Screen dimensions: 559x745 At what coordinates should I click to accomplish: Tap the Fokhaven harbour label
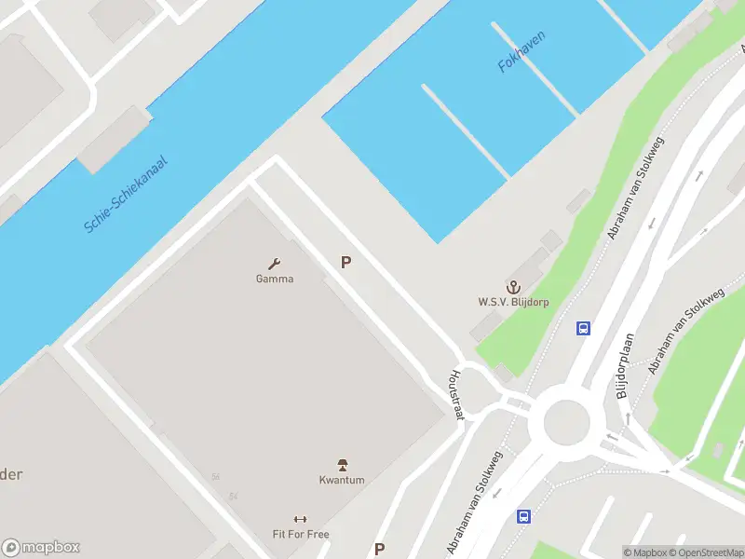pos(521,52)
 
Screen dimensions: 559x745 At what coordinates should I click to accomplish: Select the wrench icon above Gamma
pos(275,264)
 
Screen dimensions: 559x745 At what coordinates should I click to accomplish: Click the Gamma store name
pos(275,279)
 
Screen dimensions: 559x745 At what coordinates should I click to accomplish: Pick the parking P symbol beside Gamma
pos(345,263)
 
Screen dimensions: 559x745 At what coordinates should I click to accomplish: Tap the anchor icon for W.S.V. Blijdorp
pos(511,286)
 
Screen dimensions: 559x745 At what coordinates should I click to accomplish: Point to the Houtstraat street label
pos(456,394)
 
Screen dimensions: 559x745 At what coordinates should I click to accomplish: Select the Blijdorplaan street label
pos(625,366)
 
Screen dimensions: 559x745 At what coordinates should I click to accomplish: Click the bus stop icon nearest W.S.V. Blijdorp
pos(583,328)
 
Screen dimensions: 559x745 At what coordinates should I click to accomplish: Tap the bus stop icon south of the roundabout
pos(524,516)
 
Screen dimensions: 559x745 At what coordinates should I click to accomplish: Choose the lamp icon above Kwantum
pos(342,465)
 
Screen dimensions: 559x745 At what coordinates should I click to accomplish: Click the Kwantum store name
pos(342,480)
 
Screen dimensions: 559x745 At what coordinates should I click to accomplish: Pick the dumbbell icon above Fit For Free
pos(300,520)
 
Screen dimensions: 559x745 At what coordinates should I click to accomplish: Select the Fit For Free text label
pos(301,535)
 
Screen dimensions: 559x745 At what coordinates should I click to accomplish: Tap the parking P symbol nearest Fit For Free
pos(379,550)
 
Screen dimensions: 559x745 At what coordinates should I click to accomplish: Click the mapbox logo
pos(41,548)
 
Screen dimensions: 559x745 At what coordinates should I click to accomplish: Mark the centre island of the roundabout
pos(567,422)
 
